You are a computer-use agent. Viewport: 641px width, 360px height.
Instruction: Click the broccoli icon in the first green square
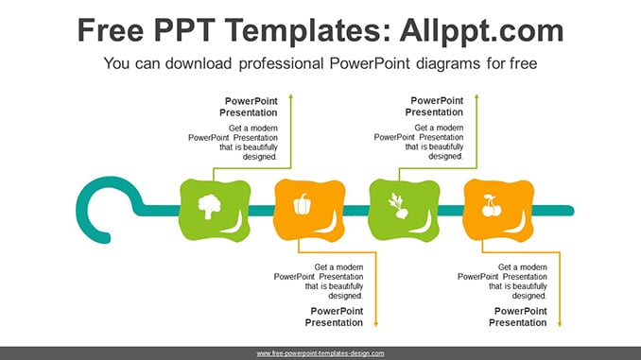tap(209, 207)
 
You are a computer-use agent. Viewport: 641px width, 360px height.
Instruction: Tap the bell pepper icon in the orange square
tap(303, 204)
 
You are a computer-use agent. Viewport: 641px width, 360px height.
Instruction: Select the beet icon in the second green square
tap(398, 206)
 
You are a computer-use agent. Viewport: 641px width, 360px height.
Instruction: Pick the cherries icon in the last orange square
tap(492, 206)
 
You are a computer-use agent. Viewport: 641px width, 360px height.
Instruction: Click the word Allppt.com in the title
tap(481, 30)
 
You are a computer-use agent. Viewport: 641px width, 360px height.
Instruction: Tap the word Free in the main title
tap(111, 30)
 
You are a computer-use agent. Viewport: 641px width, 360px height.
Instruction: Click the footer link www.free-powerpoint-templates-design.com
tap(320, 353)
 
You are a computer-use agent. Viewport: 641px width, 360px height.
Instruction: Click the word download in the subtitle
tap(199, 63)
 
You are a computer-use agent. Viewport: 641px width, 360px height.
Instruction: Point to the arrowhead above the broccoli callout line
tap(291, 96)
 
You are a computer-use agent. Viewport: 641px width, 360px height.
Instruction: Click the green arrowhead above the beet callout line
tap(476, 96)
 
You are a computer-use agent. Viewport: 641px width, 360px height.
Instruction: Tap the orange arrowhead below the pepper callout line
tap(376, 324)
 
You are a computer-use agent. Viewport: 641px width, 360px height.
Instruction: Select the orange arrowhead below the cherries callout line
tap(560, 324)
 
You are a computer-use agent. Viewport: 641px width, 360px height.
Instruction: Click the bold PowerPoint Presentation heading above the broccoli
tap(249, 107)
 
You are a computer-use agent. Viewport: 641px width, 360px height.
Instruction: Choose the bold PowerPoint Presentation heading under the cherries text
tap(518, 317)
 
